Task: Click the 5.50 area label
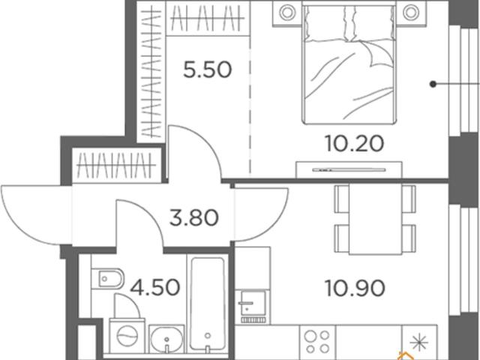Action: click(207, 70)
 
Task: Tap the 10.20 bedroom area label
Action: click(355, 143)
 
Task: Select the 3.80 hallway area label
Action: click(194, 217)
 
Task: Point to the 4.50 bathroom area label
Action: click(155, 287)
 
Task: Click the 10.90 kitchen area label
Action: click(355, 288)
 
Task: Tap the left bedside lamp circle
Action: click(287, 13)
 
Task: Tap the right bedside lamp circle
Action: click(410, 13)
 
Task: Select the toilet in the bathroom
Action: click(108, 278)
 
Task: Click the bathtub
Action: click(208, 304)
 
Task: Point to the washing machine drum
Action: click(127, 336)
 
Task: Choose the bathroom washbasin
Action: click(166, 339)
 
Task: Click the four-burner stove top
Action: click(317, 342)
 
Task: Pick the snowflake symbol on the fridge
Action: click(418, 342)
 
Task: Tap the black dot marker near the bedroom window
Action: click(433, 83)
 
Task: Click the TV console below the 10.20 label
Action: click(349, 169)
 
